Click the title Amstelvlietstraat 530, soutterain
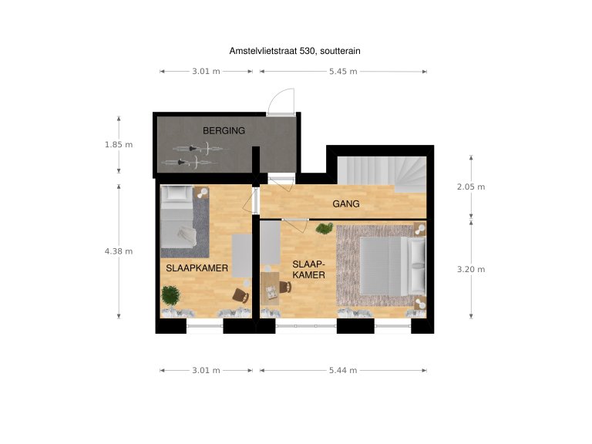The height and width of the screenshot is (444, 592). coord(294,51)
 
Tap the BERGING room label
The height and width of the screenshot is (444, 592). coord(224,130)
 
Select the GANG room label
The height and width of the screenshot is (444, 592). coord(346,203)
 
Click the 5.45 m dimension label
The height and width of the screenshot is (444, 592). coord(343,72)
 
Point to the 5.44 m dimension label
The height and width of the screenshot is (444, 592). coord(343,370)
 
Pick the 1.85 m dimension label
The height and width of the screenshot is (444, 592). coord(119,145)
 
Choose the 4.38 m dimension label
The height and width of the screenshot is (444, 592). coord(119,251)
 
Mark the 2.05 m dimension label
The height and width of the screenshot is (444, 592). coord(471,187)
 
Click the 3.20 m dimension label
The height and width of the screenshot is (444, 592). coord(471,270)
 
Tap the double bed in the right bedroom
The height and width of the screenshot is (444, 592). coord(392,266)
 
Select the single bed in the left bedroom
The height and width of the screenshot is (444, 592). coord(177,217)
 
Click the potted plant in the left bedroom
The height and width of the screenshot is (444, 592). coord(170,295)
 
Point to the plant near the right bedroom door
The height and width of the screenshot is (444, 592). coord(325,228)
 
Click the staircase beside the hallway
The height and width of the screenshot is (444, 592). coord(382,174)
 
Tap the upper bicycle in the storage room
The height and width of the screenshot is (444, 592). coord(200,149)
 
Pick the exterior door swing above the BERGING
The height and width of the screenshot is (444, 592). coord(281,101)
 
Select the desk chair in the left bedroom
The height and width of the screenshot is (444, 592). coord(240,295)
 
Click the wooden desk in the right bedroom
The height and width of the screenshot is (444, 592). coord(270,289)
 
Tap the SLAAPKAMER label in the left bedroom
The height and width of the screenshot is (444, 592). coord(197,268)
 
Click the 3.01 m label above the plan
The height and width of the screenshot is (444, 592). coord(206,72)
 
